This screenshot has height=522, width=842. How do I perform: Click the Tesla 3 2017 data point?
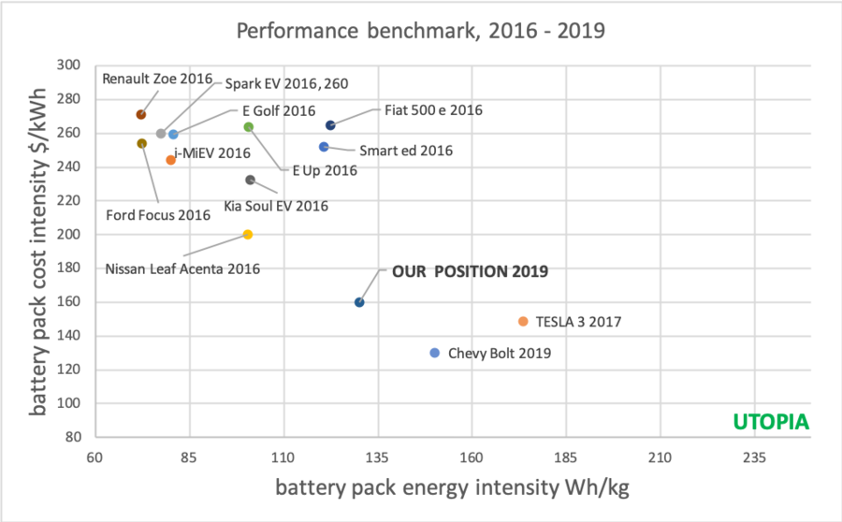(x=523, y=321)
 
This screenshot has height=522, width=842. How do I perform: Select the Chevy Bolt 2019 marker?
(x=434, y=353)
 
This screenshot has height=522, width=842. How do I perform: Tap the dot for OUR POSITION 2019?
(x=359, y=302)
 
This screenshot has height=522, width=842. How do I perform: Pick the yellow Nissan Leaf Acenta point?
(x=248, y=235)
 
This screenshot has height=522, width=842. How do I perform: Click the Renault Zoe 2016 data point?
(x=141, y=115)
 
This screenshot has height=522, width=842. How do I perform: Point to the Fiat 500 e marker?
(x=330, y=125)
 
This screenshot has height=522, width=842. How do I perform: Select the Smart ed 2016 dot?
(x=324, y=147)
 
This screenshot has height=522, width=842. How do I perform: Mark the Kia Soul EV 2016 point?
(x=250, y=180)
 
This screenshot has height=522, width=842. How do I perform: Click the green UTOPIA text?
(x=772, y=422)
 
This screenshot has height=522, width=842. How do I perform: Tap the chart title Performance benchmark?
(x=420, y=30)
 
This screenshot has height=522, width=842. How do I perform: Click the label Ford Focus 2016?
(x=157, y=215)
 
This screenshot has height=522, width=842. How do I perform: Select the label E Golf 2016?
(x=279, y=110)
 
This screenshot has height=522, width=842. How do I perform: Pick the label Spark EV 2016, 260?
(x=285, y=83)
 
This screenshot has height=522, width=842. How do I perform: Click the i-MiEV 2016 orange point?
(x=170, y=160)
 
